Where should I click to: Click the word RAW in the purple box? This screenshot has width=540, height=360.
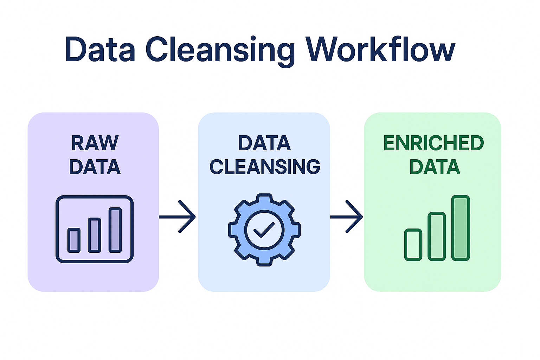95,143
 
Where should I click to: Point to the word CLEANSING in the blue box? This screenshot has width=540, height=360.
265,167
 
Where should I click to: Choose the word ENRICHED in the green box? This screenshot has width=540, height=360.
433,143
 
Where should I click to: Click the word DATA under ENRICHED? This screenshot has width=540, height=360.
435,167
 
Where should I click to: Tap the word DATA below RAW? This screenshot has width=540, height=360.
95,167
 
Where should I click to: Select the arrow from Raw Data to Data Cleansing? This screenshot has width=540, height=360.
178,217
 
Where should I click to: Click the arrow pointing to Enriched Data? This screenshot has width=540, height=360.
347,217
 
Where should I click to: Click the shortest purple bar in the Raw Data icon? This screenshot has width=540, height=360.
74,240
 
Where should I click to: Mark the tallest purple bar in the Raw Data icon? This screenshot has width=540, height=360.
115,230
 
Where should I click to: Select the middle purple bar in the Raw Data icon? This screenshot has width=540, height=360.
94,235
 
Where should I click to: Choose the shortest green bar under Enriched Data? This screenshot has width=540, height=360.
413,245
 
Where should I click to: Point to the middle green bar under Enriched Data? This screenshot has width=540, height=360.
437,236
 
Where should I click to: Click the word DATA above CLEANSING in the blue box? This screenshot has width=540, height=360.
264,143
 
